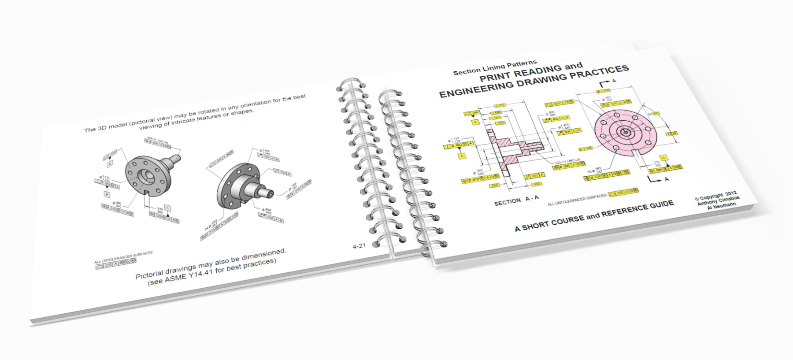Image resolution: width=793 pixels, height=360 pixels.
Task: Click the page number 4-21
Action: [x=359, y=246]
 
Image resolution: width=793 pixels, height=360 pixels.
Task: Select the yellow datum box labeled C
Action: [x=663, y=157]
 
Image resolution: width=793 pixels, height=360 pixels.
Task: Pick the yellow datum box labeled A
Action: [x=475, y=122]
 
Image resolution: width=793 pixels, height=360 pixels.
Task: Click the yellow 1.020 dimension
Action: [x=671, y=134]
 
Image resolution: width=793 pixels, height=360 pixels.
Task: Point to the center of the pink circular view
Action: [x=624, y=132]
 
